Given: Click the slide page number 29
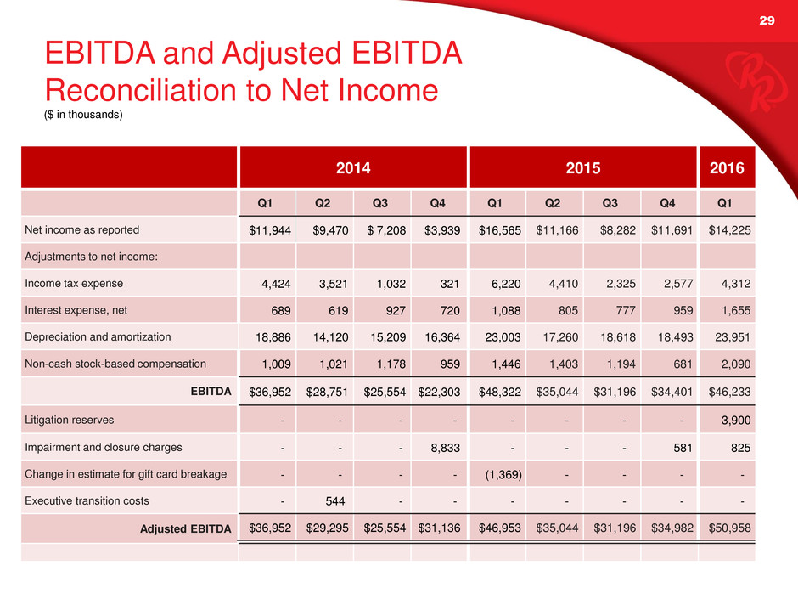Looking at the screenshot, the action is point(767,20).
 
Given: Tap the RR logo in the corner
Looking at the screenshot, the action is point(756,81).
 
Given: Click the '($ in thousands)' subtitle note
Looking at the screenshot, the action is point(83,115).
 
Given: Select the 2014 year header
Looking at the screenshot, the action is point(353,167).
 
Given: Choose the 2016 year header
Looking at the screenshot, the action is point(727,167).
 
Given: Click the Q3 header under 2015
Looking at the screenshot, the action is point(610,203).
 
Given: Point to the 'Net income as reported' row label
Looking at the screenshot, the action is point(82,229).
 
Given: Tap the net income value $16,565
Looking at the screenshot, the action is point(500,230).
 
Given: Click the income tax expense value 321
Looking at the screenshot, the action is point(450,284).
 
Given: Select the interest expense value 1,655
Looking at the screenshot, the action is point(736,311).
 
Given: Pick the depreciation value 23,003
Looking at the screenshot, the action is point(503,337).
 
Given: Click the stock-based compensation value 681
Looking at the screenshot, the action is point(683,364).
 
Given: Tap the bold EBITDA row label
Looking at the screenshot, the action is point(211,391).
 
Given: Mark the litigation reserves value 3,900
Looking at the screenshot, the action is point(736,421).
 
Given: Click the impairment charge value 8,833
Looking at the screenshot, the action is point(446,448).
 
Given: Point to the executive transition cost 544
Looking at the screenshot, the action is point(334,501).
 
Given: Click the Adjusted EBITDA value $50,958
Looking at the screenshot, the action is point(730,528).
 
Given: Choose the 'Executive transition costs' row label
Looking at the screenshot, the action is point(87,500).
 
